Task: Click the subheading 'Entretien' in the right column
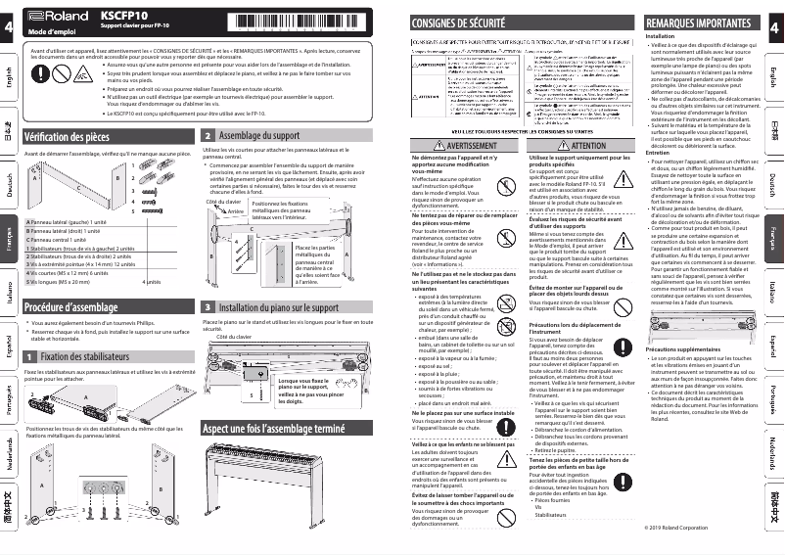click(x=659, y=153)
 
